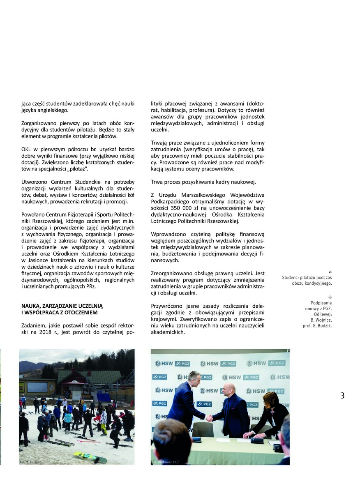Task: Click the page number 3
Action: [342, 396]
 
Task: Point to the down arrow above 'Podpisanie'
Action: [330, 297]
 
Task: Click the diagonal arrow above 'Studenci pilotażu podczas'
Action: [330, 271]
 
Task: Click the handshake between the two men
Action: [209, 418]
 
